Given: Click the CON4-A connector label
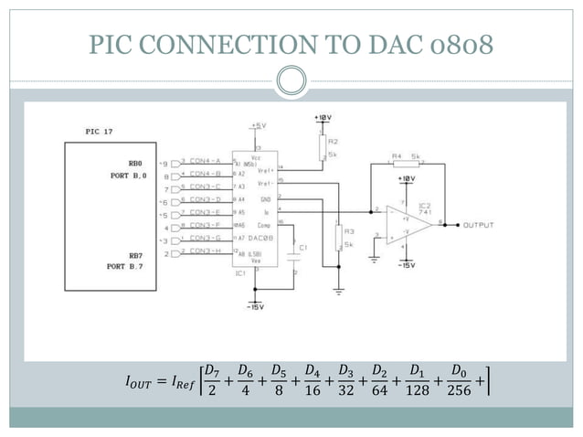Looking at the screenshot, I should pos(206,160).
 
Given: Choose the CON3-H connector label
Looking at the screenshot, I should pos(206,250).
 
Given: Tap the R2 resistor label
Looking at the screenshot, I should pos(334,143).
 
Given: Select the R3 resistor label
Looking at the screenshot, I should pos(348,231).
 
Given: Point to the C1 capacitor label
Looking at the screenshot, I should pos(303,248).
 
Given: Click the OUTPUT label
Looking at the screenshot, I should pos(480,224).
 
